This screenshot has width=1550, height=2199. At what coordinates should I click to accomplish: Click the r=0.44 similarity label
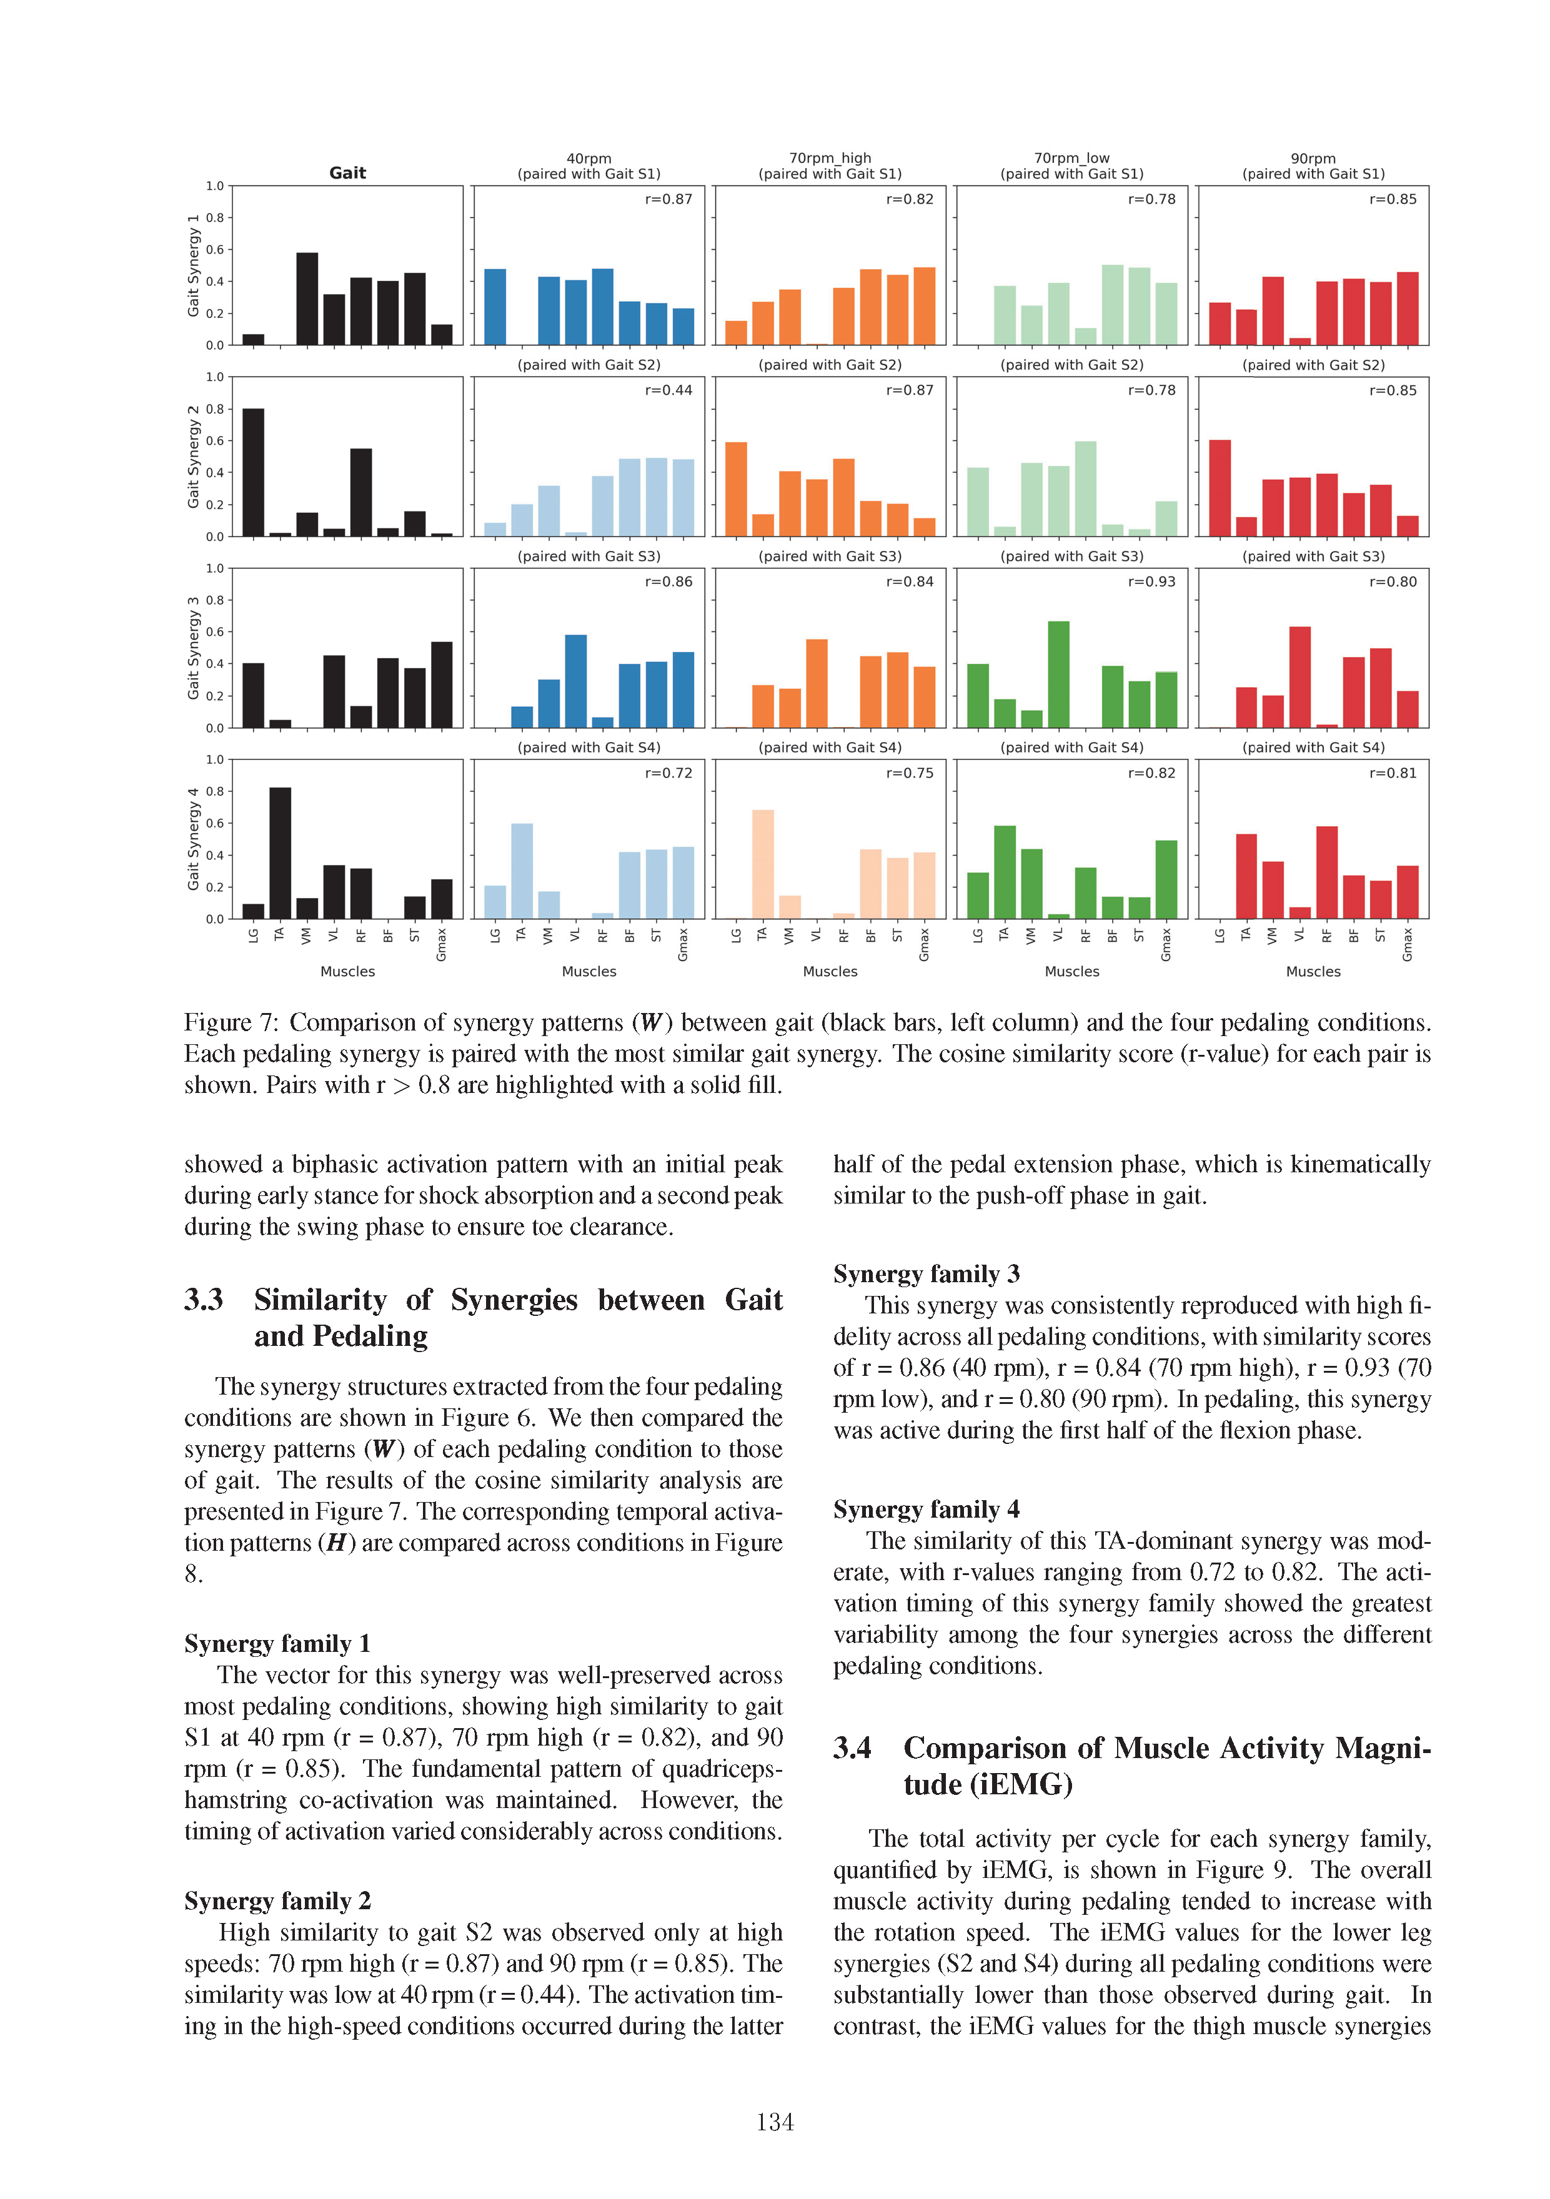pos(668,390)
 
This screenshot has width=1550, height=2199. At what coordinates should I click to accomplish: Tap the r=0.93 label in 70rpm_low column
pos(1151,581)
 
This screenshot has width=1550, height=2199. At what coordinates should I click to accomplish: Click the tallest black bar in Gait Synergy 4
pos(280,852)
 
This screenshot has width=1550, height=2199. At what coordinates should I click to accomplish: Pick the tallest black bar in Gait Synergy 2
pos(253,472)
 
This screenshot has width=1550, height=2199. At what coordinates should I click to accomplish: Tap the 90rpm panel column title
pos(1313,158)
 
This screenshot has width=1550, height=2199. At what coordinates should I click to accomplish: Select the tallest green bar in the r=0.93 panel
pos(1058,675)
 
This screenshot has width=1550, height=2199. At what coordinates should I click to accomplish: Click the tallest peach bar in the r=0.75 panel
pos(763,864)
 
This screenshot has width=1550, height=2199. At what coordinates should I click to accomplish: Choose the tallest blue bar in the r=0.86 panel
pos(576,681)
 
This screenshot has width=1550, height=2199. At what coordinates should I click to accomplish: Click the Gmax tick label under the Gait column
pos(442,944)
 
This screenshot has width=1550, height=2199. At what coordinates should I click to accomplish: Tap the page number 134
pos(774,2122)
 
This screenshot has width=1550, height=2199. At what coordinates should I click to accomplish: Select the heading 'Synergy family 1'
pos(277,1644)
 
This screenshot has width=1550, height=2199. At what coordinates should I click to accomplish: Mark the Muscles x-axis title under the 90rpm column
pos(1313,971)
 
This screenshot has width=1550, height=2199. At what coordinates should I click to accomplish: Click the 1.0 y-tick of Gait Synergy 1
pos(214,186)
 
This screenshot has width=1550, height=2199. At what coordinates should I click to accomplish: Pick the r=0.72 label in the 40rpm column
pos(668,773)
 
